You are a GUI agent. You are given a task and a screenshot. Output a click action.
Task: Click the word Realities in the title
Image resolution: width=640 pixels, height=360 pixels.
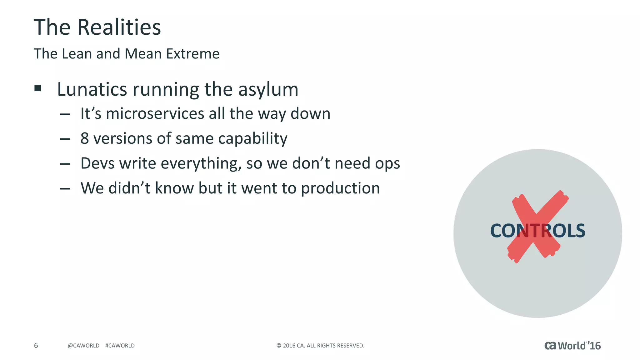[x=119, y=27]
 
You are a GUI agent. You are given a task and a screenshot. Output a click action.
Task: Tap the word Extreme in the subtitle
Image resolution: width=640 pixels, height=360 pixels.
[x=193, y=54]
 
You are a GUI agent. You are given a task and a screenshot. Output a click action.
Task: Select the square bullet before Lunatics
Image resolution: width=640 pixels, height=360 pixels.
[x=38, y=88]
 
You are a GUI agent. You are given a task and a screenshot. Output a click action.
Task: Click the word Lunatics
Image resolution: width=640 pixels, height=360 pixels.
[x=92, y=89]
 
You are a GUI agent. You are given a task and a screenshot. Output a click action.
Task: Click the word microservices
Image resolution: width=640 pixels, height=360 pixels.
[x=155, y=113]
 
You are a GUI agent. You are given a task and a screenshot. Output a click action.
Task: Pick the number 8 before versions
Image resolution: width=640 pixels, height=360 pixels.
[x=84, y=138]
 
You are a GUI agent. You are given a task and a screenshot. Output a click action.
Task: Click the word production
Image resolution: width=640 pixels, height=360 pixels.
[x=340, y=189]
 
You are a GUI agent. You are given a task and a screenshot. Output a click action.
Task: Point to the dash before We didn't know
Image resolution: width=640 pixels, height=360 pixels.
[x=65, y=189]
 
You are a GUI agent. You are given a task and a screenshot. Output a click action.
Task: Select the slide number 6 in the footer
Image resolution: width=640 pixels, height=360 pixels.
[x=36, y=345]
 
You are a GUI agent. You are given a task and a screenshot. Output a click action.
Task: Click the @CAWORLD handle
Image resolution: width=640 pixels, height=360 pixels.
[x=83, y=346]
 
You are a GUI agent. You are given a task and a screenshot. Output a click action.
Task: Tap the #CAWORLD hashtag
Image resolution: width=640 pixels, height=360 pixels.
[x=120, y=346]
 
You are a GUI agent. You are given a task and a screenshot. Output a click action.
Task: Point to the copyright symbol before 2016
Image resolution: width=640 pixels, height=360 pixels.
[x=279, y=346]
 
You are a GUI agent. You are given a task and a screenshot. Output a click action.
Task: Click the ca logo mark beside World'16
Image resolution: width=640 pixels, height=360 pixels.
[x=550, y=346]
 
